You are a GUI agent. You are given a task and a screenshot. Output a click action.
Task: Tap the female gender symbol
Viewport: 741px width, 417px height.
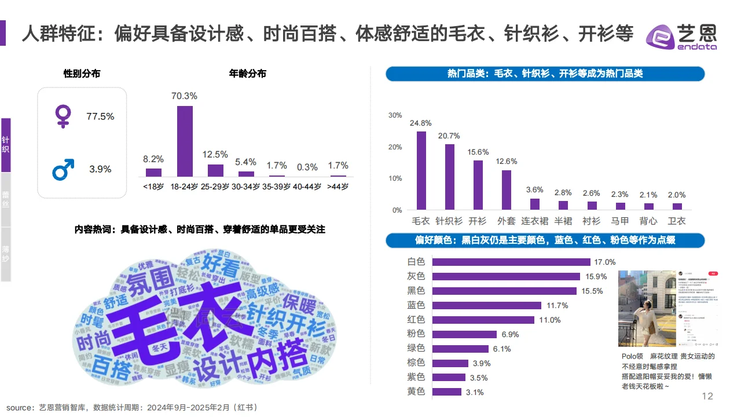click(61, 116)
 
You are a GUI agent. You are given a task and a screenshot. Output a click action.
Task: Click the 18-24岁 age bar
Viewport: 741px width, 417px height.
click(185, 141)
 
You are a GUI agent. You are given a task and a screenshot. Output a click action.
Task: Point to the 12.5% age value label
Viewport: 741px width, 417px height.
click(215, 155)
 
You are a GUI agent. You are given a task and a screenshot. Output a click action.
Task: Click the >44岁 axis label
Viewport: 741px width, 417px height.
click(338, 186)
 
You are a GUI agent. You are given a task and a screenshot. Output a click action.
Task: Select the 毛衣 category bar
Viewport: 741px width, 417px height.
click(421, 170)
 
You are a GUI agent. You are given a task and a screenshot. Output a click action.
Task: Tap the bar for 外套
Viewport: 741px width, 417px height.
click(506, 189)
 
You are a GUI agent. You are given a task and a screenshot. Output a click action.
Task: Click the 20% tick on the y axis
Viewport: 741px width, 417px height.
click(395, 147)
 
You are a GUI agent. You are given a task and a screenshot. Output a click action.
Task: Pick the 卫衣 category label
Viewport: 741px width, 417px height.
click(676, 221)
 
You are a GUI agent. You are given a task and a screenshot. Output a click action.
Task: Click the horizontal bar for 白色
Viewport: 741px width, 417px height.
click(511, 262)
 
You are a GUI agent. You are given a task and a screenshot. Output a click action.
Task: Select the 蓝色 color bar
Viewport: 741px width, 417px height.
click(487, 305)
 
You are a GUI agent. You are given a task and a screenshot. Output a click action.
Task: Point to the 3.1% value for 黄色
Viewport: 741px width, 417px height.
click(475, 392)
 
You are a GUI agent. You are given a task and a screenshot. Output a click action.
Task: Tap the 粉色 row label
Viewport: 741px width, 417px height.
click(416, 334)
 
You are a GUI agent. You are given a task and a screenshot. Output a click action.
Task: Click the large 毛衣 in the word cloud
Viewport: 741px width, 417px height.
click(168, 321)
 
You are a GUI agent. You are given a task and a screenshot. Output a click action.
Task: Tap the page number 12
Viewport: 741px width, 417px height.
click(707, 396)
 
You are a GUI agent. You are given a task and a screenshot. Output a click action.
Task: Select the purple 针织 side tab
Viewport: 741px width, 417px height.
click(5, 145)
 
